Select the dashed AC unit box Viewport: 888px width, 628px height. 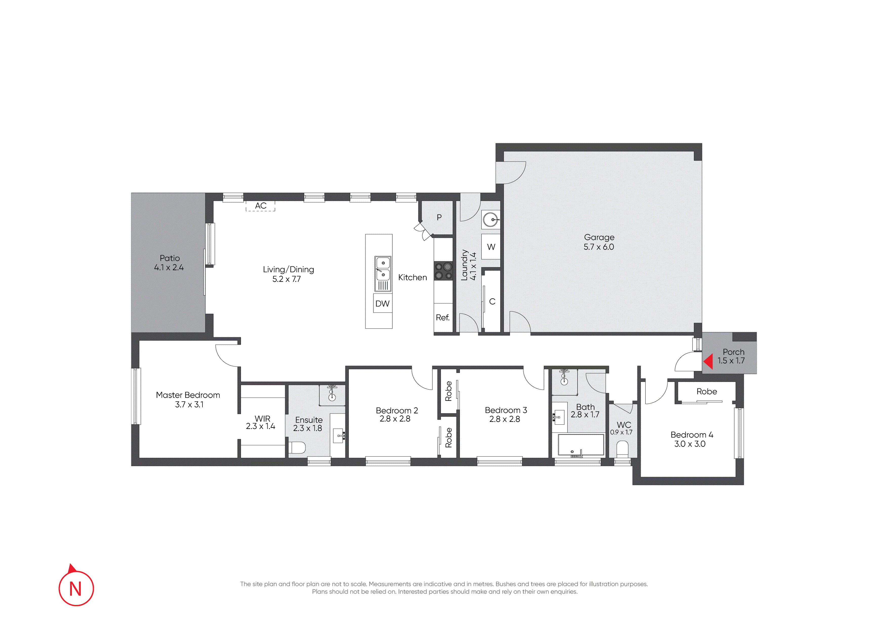pos(260,206)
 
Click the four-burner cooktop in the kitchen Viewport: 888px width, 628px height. pos(443,271)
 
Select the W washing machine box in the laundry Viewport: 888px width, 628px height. pos(491,247)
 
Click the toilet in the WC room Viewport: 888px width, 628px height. pos(622,449)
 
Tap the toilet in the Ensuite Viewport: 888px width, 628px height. pos(297,448)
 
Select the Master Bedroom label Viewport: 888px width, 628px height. pos(188,395)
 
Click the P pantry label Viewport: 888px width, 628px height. pos(439,218)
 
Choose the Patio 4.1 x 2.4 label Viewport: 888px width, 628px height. pos(169,263)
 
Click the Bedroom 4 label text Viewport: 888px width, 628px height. pos(692,435)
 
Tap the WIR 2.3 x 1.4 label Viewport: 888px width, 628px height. pos(261,423)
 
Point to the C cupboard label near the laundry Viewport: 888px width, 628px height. pos(492,301)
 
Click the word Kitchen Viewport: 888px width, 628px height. pos(413,278)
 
